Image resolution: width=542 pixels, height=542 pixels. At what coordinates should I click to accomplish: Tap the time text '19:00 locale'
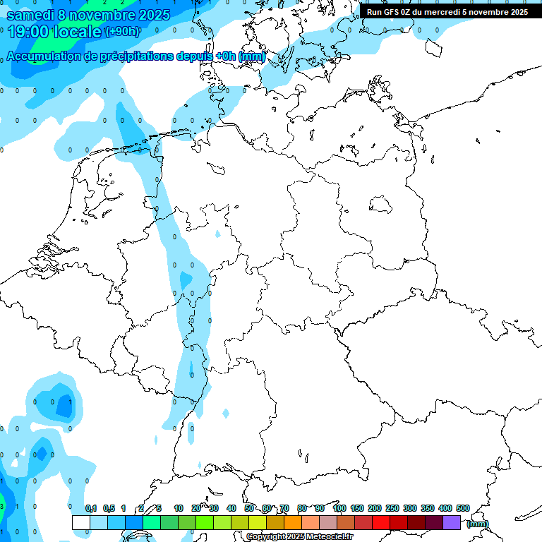(54, 31)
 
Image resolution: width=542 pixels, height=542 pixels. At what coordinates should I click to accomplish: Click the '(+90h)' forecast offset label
(122, 32)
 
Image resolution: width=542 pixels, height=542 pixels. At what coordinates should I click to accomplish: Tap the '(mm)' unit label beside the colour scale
(477, 524)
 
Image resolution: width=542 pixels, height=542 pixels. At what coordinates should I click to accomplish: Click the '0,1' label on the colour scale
(91, 508)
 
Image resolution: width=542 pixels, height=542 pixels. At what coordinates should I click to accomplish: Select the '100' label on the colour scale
(339, 508)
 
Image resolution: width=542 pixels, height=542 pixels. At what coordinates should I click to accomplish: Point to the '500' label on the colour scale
(463, 508)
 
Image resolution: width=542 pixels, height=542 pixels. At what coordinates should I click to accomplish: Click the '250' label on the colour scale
(392, 508)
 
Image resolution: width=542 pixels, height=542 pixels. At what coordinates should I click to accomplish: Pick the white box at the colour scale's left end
(81, 522)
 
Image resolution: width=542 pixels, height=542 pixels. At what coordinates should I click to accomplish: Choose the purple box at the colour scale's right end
(452, 522)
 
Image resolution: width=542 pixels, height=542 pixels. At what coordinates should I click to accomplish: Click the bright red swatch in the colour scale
(381, 522)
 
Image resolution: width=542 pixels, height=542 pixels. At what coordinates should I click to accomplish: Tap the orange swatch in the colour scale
(293, 522)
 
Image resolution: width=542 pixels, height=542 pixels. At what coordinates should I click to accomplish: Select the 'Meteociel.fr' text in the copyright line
(329, 537)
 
